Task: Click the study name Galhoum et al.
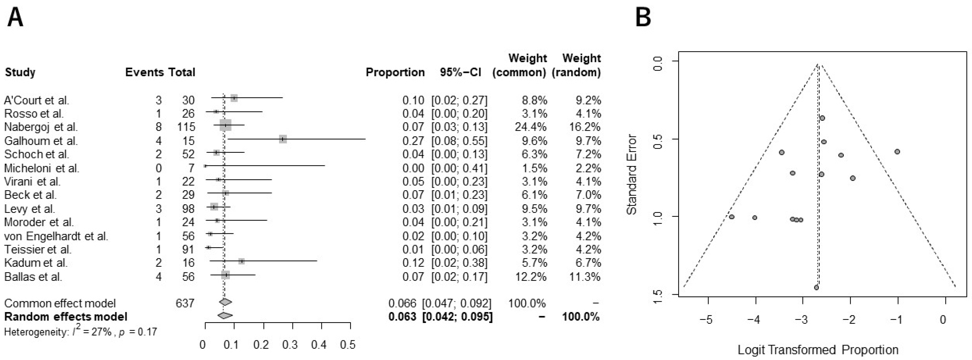pyautogui.click(x=41, y=141)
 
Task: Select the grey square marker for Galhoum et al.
pyautogui.click(x=283, y=139)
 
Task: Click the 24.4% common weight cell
pyautogui.click(x=530, y=127)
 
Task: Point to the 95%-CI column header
pyautogui.click(x=460, y=72)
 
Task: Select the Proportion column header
pyautogui.click(x=395, y=72)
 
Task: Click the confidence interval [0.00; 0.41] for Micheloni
pyautogui.click(x=459, y=168)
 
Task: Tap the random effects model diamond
pyautogui.click(x=225, y=315)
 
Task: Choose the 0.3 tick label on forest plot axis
pyautogui.click(x=290, y=344)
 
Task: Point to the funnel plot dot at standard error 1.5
pyautogui.click(x=816, y=288)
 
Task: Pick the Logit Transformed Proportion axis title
pyautogui.click(x=818, y=350)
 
